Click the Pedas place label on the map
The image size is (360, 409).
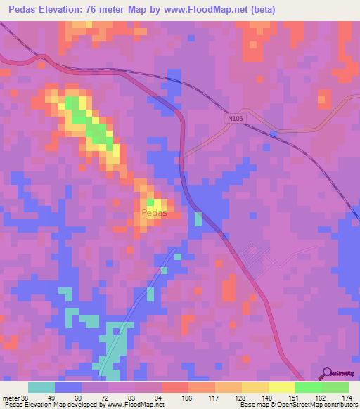(154, 212)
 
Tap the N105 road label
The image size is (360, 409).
(235, 119)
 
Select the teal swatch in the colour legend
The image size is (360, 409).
(41, 387)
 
